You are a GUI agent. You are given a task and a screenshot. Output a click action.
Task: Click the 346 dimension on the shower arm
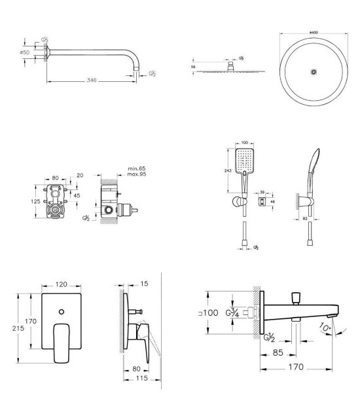(92, 80)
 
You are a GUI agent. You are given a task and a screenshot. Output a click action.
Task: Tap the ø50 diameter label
(25, 52)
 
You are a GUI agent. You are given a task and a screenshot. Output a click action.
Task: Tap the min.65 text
(136, 168)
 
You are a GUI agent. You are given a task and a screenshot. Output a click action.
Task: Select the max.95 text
(136, 175)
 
